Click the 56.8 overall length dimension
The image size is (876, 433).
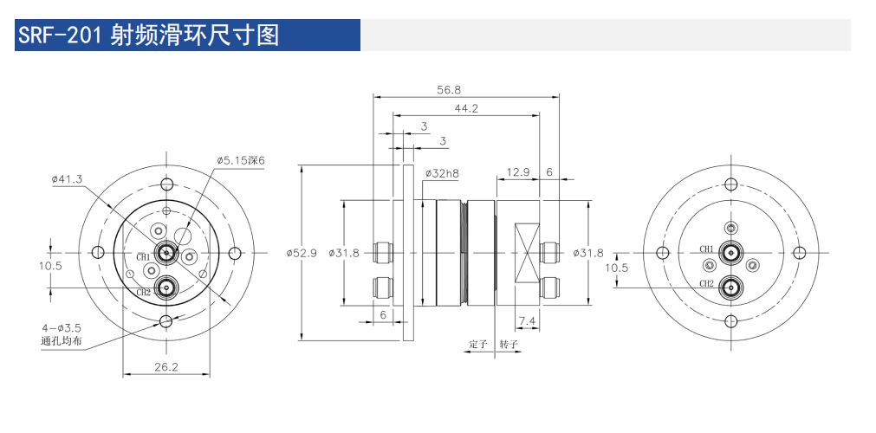(449, 89)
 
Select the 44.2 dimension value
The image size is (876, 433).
(466, 108)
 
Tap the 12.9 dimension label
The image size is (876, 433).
(518, 171)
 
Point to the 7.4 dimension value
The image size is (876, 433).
(526, 321)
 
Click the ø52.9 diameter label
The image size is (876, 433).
(301, 253)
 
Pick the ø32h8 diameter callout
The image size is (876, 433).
(441, 173)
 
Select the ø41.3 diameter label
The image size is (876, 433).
(67, 178)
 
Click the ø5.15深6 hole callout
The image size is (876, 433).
(240, 160)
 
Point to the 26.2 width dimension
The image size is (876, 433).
(165, 367)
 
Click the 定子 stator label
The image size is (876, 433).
(478, 344)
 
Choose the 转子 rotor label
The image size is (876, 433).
(509, 344)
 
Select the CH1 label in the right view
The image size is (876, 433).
(707, 249)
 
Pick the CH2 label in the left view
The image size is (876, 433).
(143, 292)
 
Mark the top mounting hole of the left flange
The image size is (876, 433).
(165, 184)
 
